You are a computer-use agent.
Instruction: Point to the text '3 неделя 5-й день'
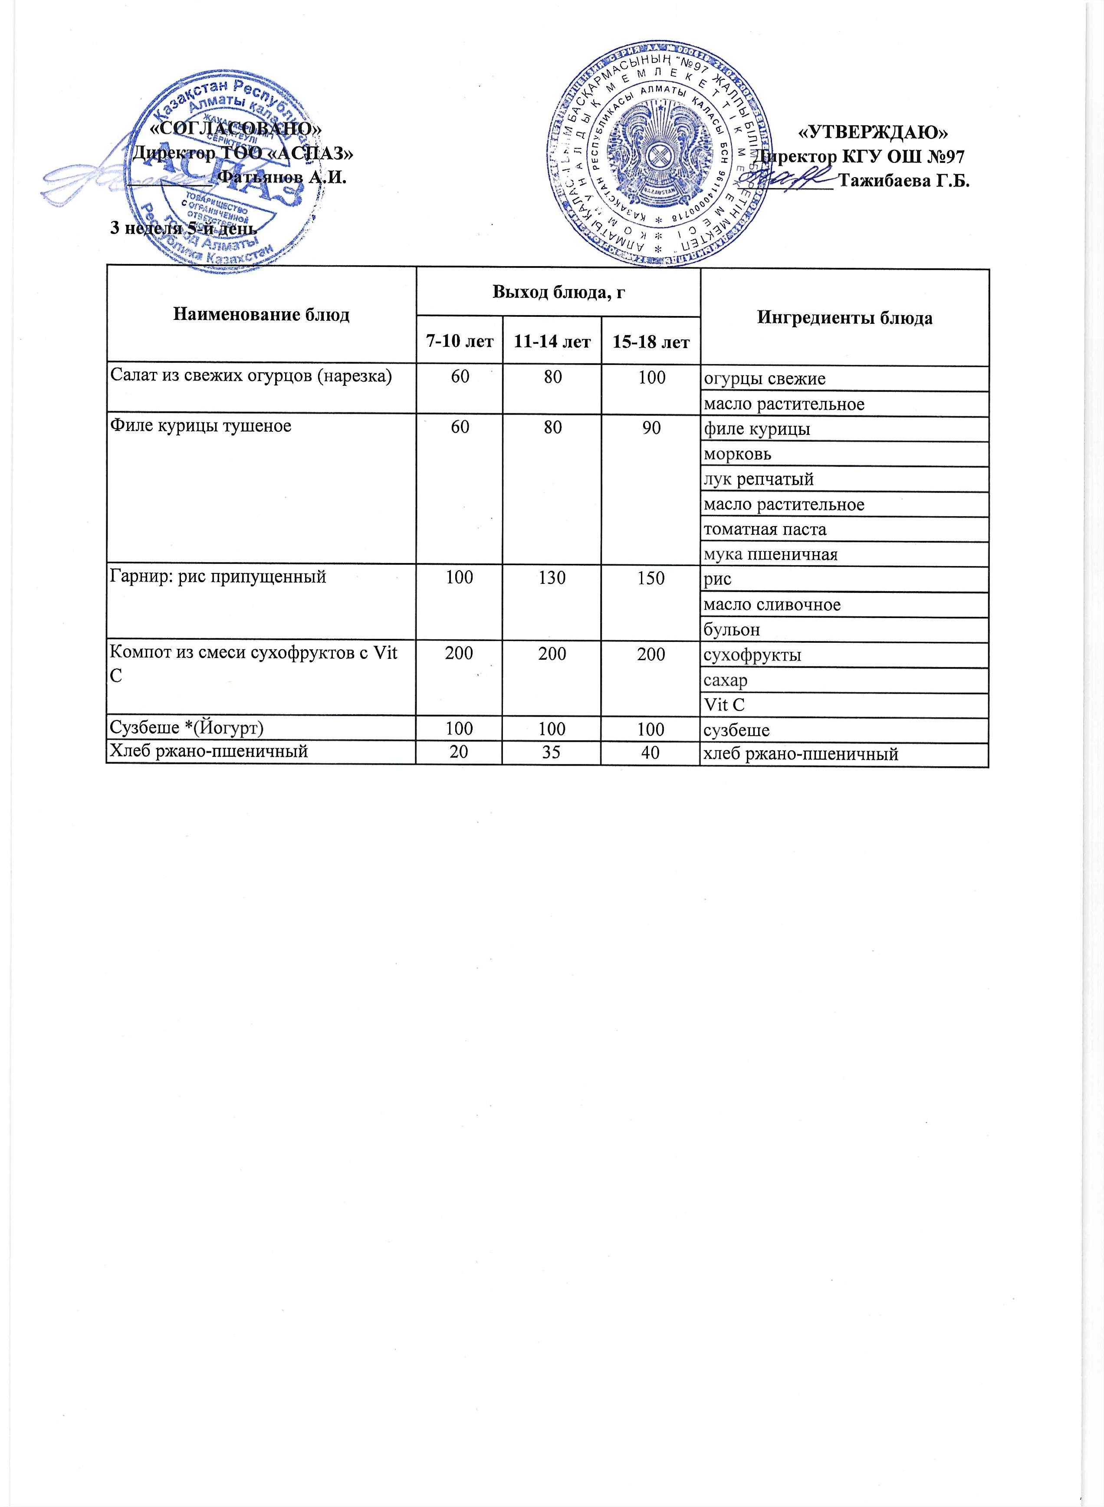[183, 228]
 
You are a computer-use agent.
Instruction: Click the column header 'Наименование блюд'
[261, 315]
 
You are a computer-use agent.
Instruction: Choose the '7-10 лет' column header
[460, 342]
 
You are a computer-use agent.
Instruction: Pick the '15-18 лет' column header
[651, 342]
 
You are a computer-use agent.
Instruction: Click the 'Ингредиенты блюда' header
[844, 318]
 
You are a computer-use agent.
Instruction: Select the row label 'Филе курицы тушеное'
[201, 426]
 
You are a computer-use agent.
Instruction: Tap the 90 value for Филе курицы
[651, 426]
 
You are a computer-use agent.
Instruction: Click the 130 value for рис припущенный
[552, 577]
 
